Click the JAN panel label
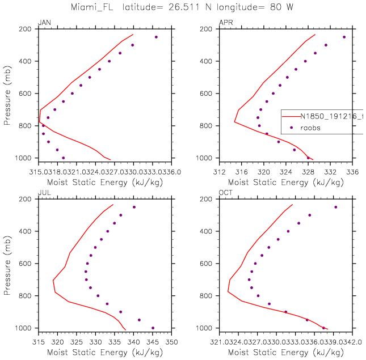pos(43,23)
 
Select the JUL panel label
pos(43,193)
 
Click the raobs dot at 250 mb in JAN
pos(156,37)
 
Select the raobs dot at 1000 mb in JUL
pos(153,328)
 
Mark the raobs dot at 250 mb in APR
pos(344,37)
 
